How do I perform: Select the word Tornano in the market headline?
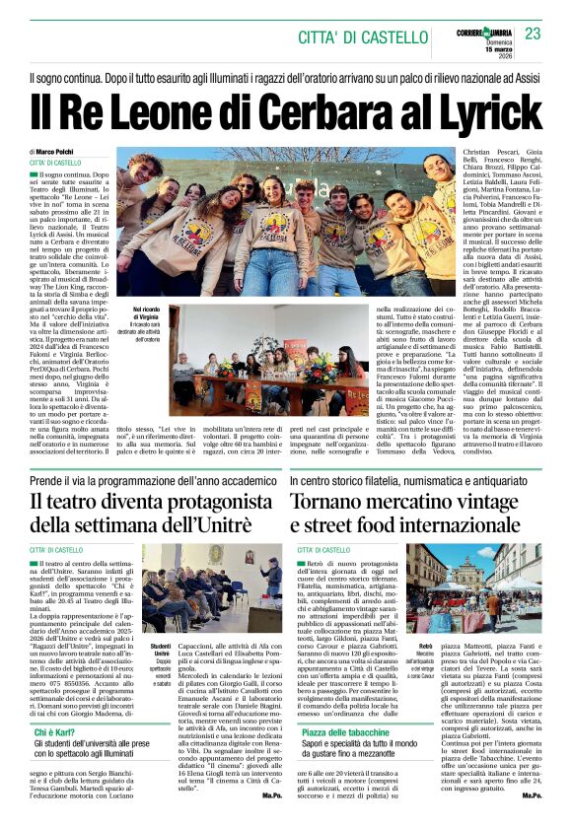tap(330, 500)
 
